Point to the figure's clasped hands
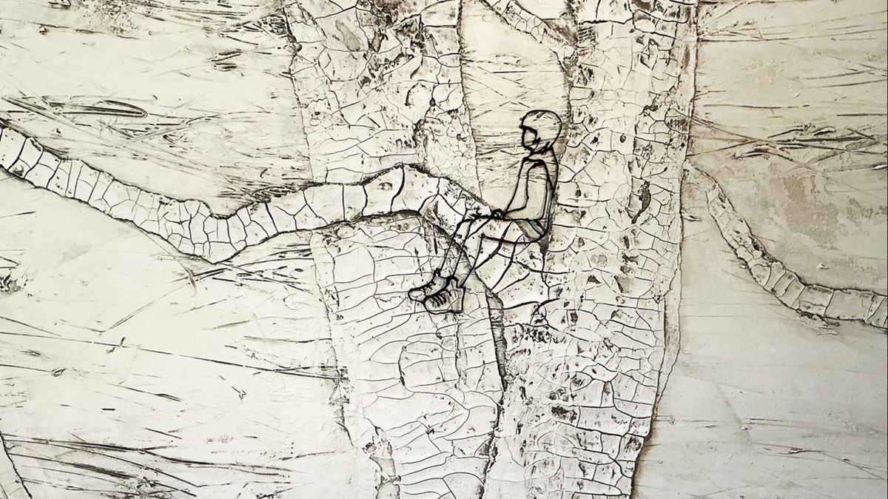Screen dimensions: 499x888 [499, 215]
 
